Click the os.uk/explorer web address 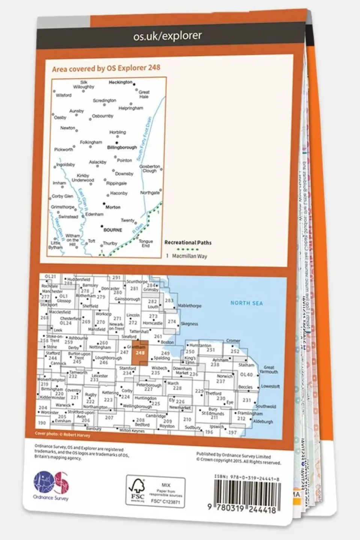[167, 36]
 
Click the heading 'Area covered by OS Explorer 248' [106, 68]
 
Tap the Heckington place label [121, 82]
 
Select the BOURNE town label [113, 230]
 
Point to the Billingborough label [122, 147]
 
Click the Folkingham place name [91, 142]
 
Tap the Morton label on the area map [113, 207]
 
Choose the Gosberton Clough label [149, 168]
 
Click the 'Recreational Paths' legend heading [188, 243]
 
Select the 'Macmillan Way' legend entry [189, 256]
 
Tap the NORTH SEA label [246, 303]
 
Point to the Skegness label [189, 323]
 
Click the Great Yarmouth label [269, 370]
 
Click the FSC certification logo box [155, 491]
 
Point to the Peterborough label [149, 385]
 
